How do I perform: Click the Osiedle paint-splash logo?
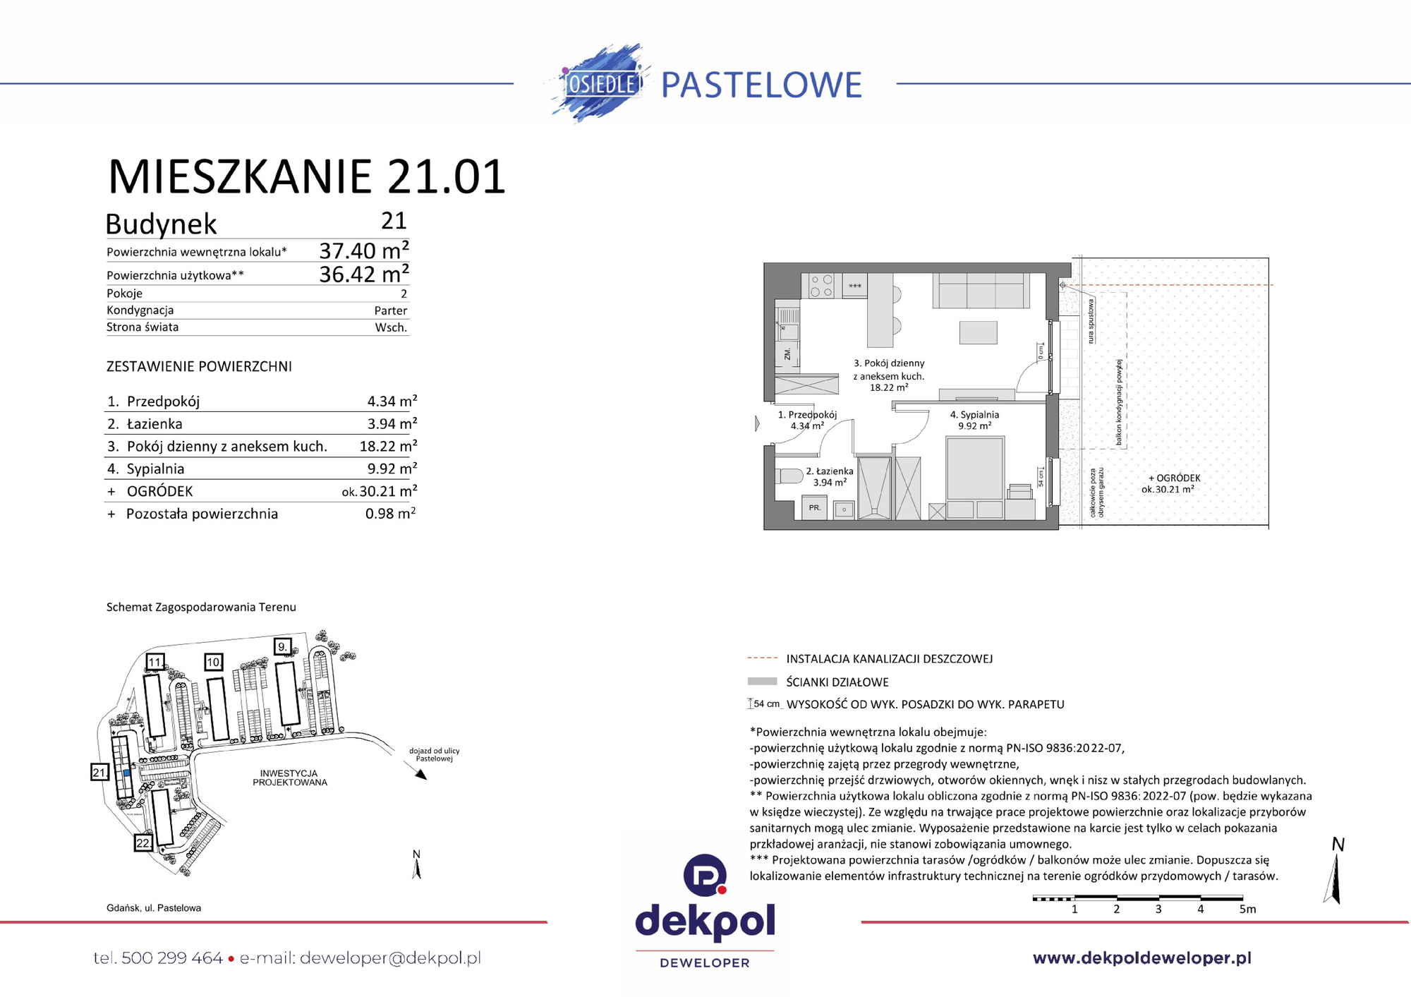(x=598, y=83)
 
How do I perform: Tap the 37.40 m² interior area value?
(x=363, y=250)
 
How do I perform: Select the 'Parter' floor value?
(x=390, y=310)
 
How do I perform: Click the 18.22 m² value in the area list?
(x=387, y=447)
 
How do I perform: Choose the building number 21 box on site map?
(x=99, y=773)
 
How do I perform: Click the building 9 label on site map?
(x=282, y=646)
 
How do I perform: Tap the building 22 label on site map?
(x=143, y=843)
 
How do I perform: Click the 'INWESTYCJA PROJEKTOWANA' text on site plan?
(x=290, y=778)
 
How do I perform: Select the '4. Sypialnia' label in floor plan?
(x=974, y=415)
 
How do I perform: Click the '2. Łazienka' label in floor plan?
(x=830, y=471)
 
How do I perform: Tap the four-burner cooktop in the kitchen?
(x=821, y=286)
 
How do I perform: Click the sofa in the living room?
(x=981, y=291)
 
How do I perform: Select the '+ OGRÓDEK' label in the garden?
(x=1174, y=478)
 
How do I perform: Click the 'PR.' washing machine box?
(x=815, y=507)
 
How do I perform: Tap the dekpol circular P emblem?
(x=705, y=875)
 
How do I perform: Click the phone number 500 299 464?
(x=171, y=958)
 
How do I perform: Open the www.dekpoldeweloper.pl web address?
(x=1141, y=958)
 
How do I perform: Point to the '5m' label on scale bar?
(x=1247, y=910)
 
